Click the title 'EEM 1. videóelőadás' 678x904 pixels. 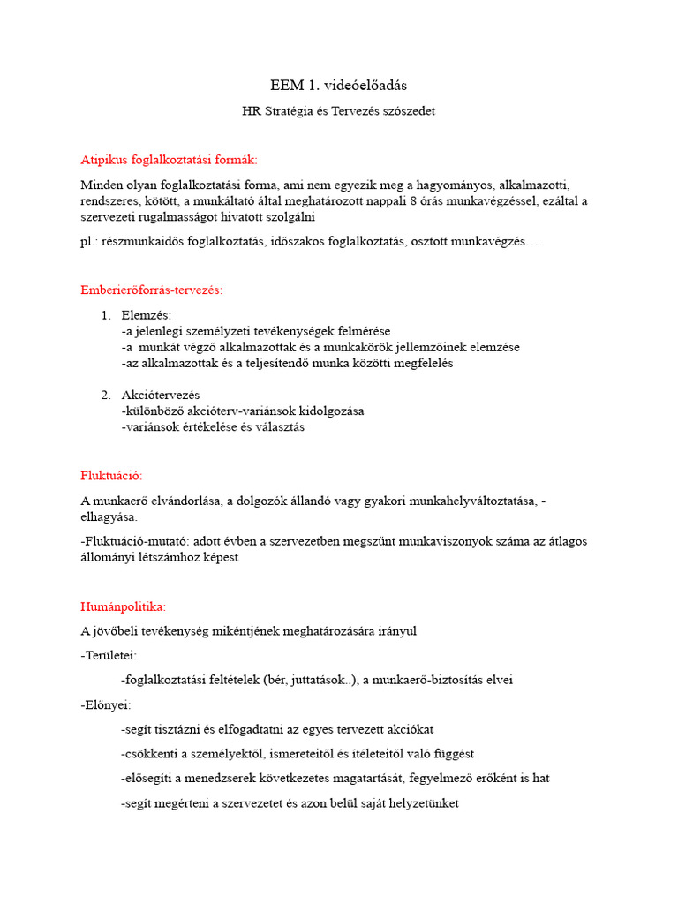coord(339,86)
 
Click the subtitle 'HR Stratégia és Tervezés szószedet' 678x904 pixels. coord(339,111)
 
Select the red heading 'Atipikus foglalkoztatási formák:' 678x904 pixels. coord(169,160)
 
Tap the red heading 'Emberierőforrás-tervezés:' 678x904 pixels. coord(151,290)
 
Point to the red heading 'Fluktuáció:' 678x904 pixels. coord(111,476)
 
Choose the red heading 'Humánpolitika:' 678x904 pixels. coord(123,607)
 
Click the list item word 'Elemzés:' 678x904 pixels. coord(147,315)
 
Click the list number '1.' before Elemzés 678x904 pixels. coord(106,315)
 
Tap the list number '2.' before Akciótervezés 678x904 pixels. coord(106,395)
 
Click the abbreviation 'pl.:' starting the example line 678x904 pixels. coord(91,241)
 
